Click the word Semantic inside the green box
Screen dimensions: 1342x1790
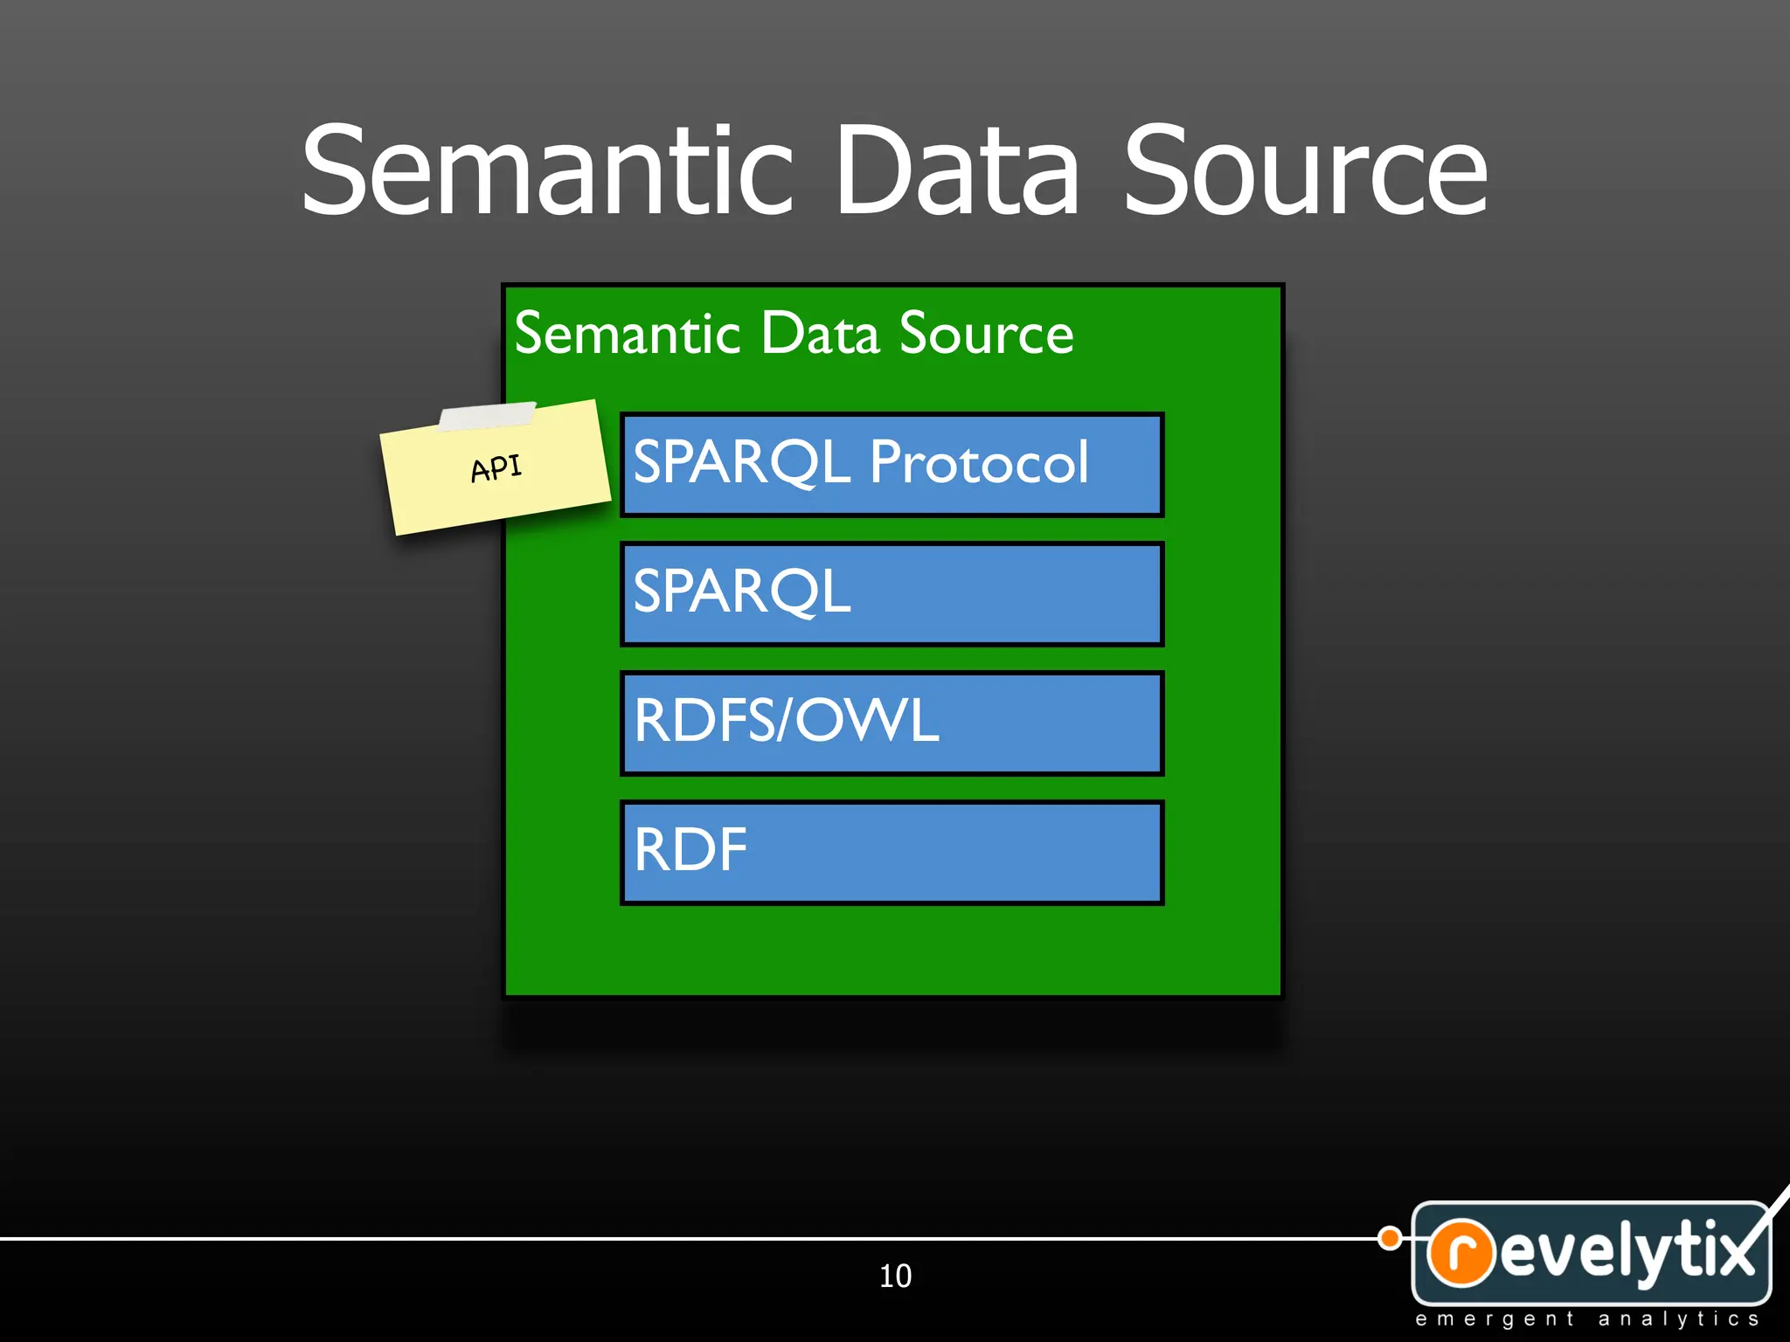[x=628, y=334]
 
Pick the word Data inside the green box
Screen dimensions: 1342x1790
[x=820, y=334]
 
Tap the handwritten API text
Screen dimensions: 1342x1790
[x=496, y=468]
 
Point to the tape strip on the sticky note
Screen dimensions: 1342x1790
[x=487, y=416]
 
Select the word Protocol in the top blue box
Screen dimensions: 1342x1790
[x=979, y=462]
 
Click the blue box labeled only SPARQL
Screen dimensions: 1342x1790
[x=892, y=594]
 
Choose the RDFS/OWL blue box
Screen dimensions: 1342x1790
[x=892, y=723]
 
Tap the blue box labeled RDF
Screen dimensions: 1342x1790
[x=892, y=852]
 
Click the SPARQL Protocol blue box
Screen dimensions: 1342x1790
[x=892, y=465]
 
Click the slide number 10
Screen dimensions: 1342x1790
[x=895, y=1276]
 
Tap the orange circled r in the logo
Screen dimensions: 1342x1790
[x=1460, y=1252]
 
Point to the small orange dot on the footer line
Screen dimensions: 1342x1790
[x=1389, y=1238]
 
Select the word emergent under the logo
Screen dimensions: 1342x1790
[x=1495, y=1319]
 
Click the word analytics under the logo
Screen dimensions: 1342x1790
[x=1678, y=1319]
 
